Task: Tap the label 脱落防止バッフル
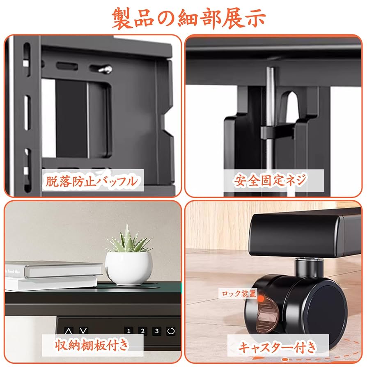click(91, 181)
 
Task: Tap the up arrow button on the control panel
click(69, 330)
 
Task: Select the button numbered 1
click(128, 331)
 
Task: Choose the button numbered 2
click(142, 331)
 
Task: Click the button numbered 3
click(156, 331)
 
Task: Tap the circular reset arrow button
click(171, 331)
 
